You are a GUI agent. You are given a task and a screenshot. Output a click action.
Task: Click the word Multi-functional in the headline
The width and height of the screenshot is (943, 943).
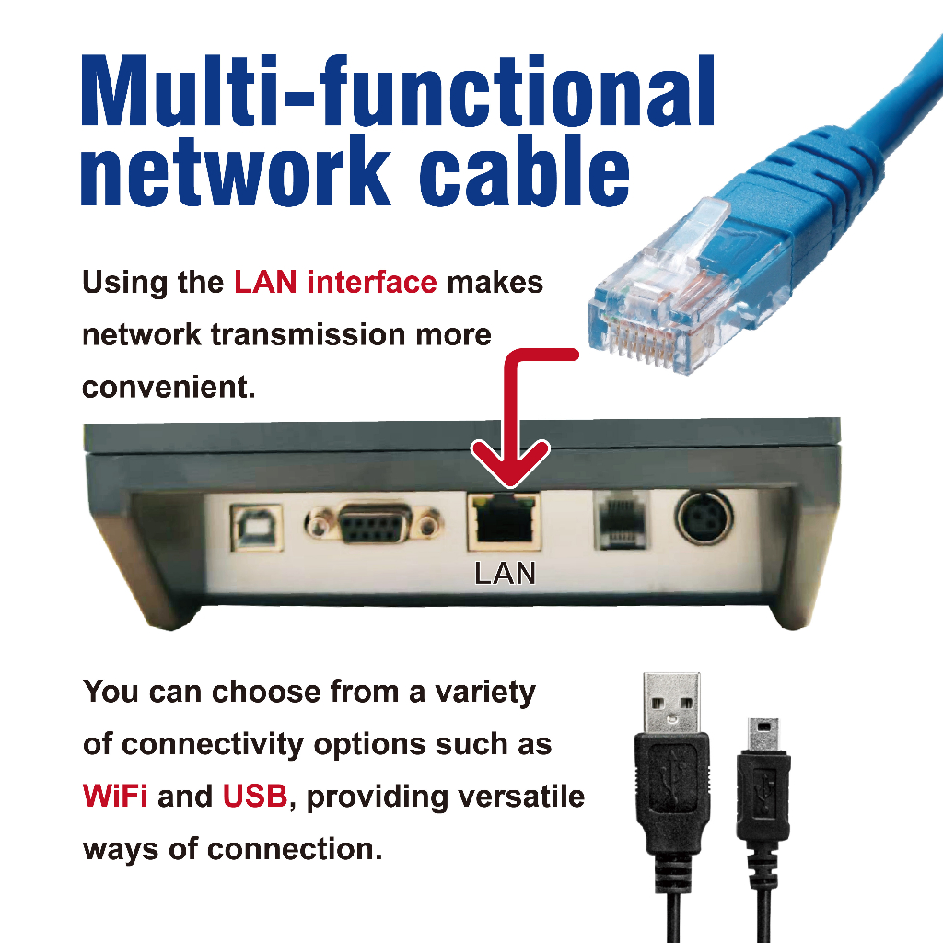[x=398, y=90]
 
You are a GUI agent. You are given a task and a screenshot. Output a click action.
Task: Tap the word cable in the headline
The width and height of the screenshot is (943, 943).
[x=524, y=170]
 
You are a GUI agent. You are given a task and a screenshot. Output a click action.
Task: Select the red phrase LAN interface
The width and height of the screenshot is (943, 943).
[x=335, y=282]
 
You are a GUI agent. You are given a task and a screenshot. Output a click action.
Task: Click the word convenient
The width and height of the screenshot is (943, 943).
[x=169, y=387]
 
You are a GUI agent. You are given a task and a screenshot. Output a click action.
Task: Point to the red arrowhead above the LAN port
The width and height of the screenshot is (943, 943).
[x=510, y=463]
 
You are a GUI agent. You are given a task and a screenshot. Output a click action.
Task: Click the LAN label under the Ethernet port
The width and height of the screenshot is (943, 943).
[x=505, y=573]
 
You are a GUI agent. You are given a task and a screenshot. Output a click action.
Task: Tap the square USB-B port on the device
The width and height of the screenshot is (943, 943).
[x=258, y=528]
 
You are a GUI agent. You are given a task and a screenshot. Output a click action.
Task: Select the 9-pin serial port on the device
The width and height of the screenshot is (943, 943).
[x=374, y=523]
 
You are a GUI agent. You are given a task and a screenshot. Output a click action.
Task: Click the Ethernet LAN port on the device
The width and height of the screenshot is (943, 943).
[x=504, y=521]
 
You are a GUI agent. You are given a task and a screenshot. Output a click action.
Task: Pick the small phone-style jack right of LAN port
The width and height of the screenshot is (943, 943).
[x=622, y=519]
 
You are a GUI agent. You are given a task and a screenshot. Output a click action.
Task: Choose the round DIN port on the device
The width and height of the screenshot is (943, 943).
[x=704, y=518]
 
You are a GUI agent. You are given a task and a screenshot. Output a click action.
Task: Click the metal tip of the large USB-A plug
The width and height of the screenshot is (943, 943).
[x=671, y=703]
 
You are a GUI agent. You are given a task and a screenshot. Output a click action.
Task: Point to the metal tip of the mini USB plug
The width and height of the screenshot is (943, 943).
[x=763, y=734]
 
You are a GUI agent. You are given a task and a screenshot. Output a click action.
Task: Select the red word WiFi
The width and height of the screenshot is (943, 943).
[x=115, y=797]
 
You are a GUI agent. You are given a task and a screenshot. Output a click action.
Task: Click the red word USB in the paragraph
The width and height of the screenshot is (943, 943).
[x=255, y=797]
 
